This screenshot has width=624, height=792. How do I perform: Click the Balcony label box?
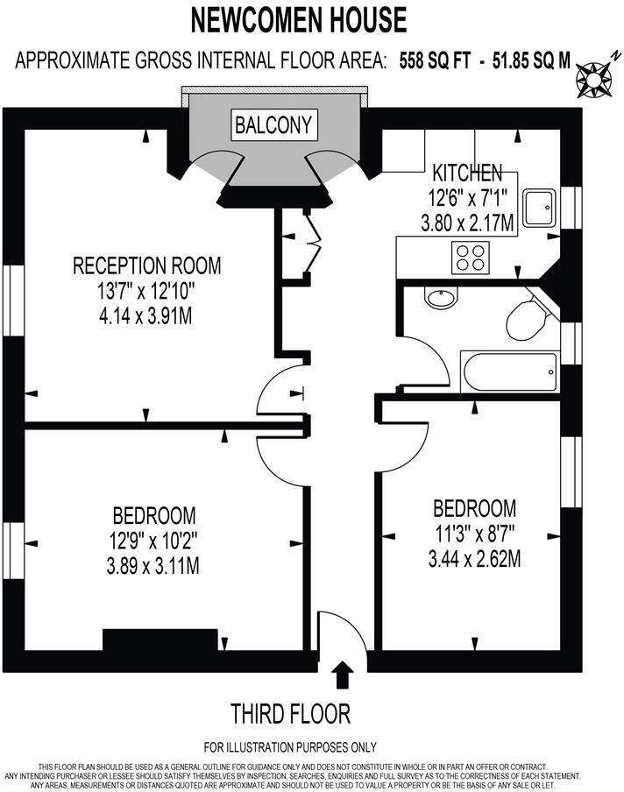(x=273, y=124)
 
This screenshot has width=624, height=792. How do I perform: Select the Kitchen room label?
(x=466, y=173)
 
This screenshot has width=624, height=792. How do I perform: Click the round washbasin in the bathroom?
(x=439, y=298)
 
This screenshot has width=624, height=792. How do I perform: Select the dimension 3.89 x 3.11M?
(x=154, y=567)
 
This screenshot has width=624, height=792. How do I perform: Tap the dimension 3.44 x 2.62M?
(x=474, y=558)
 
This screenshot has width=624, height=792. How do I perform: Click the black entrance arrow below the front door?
(x=344, y=675)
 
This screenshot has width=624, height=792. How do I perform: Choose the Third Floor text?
(x=290, y=713)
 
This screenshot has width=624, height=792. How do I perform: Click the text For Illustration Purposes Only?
(x=290, y=747)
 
